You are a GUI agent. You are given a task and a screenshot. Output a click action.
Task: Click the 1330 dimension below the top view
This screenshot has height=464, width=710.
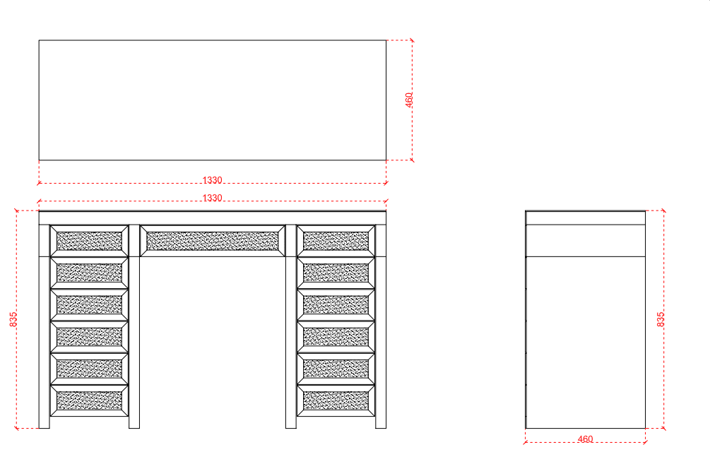pos(212,180)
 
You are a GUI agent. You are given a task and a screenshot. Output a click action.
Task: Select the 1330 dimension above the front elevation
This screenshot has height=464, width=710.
pos(212,198)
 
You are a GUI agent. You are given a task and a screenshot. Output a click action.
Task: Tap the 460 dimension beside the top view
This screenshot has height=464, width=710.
pos(409,100)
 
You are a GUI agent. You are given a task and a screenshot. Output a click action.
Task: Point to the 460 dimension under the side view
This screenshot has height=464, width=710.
pos(585,439)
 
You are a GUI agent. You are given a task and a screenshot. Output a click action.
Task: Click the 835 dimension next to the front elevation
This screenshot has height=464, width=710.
pos(13,319)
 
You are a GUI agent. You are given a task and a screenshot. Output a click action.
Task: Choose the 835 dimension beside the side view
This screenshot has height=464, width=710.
pos(661,319)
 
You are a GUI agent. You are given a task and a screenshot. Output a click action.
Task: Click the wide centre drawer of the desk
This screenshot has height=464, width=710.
pos(213,241)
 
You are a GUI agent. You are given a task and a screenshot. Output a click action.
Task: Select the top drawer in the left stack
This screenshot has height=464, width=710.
pos(89,241)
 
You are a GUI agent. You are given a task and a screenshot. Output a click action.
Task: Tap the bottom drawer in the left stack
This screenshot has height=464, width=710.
pos(89,400)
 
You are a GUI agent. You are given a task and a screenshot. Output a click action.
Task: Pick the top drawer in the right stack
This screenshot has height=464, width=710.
pos(336,241)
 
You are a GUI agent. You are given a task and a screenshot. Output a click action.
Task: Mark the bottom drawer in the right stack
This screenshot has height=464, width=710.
pos(336,400)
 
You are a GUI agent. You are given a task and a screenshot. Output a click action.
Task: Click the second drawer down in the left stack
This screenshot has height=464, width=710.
pos(89,273)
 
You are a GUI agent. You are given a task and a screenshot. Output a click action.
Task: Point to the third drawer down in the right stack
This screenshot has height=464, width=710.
pos(336,304)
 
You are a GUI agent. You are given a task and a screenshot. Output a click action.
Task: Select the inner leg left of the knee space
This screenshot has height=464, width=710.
pos(134,343)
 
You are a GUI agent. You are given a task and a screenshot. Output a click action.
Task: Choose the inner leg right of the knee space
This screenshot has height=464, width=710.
pos(290,343)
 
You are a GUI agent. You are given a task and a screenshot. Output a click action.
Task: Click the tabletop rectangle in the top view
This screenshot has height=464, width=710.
pos(213,100)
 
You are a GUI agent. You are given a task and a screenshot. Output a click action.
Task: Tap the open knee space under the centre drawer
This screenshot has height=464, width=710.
pos(213,343)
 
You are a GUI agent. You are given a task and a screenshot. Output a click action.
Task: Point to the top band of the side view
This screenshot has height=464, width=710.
pos(585,218)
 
